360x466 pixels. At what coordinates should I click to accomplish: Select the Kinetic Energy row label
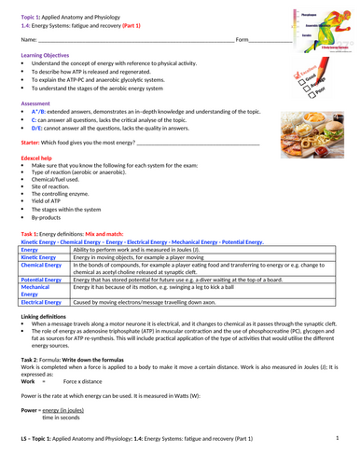tap(38, 258)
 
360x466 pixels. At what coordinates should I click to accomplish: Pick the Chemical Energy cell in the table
tap(42, 266)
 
